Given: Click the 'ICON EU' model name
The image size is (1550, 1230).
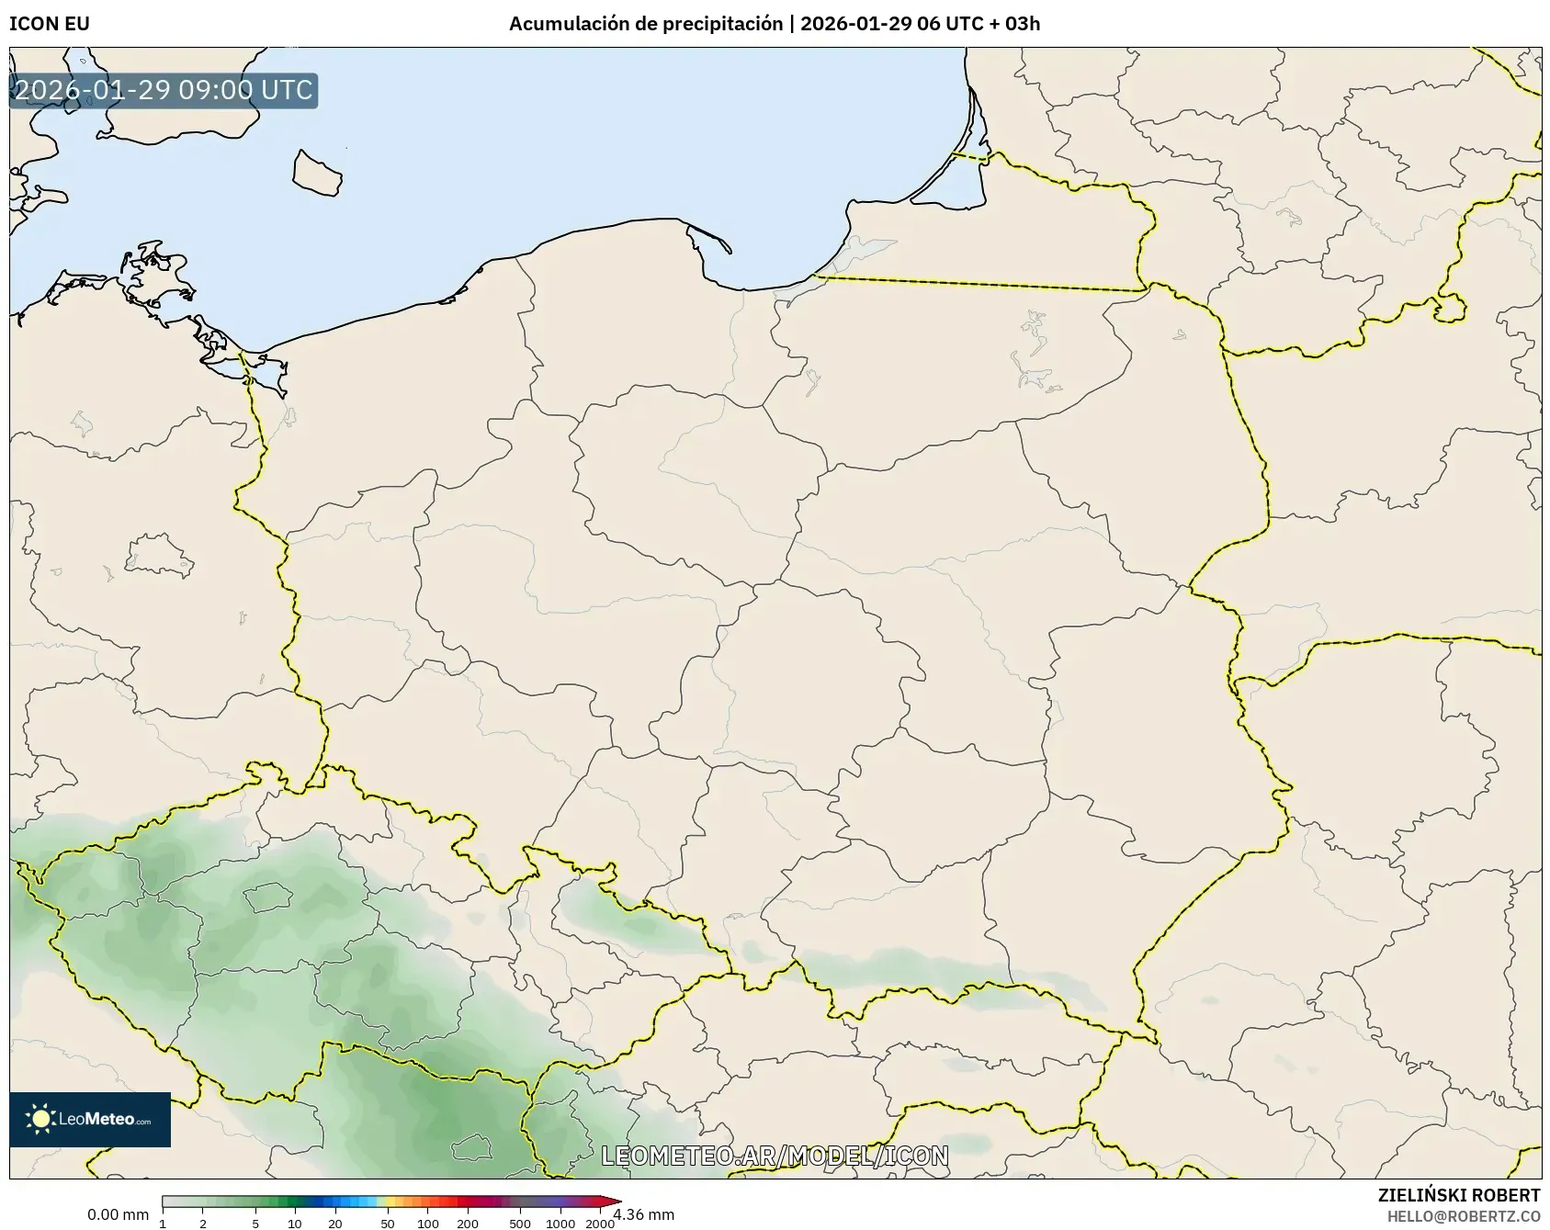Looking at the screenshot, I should [50, 24].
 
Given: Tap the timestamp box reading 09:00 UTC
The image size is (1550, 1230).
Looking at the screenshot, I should [164, 90].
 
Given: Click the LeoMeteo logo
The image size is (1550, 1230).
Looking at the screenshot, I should [90, 1119].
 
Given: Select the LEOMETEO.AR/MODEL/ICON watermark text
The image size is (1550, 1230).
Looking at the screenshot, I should [775, 1156].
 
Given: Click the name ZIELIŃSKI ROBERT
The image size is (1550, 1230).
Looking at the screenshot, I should [1459, 1195].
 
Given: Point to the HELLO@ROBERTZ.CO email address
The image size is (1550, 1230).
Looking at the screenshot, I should [1464, 1216].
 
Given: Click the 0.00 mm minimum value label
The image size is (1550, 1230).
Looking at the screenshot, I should [118, 1215].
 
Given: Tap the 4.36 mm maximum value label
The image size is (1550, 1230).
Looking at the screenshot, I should [644, 1215].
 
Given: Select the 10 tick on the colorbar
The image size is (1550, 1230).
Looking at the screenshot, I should [295, 1223].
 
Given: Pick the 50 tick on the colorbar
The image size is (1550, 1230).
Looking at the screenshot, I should [388, 1223].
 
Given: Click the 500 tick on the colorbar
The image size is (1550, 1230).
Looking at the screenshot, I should [520, 1223].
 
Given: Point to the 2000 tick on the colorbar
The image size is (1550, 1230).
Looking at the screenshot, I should [600, 1223].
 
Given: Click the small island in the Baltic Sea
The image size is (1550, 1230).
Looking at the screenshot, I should [317, 173].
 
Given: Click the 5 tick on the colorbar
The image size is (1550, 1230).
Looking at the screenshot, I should [255, 1223].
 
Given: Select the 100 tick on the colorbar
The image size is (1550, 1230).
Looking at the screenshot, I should [427, 1223].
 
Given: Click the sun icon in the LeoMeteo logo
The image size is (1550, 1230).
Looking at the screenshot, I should [40, 1119].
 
